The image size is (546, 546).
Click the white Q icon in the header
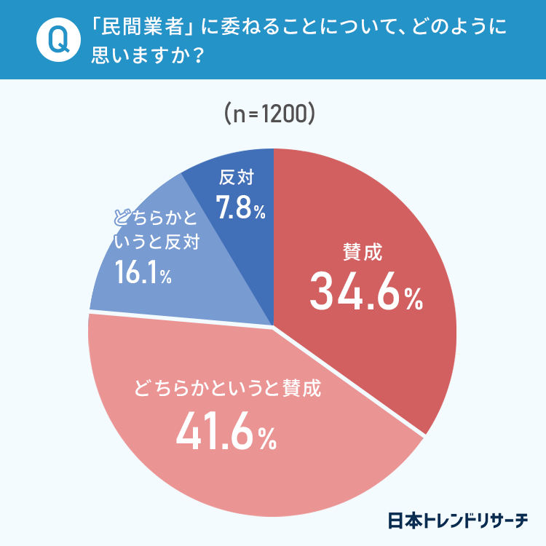pyautogui.click(x=54, y=41)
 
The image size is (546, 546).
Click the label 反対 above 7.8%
pyautogui.click(x=236, y=178)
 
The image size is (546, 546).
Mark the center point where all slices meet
pyautogui.click(x=273, y=327)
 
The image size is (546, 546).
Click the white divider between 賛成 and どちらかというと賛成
pyautogui.click(x=349, y=382)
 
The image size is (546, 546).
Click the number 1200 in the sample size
pyautogui.click(x=285, y=114)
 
